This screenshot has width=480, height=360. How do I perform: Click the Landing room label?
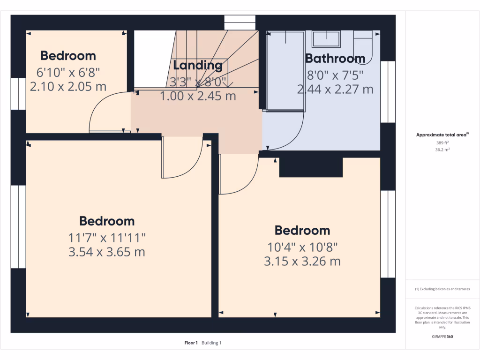coord(197,65)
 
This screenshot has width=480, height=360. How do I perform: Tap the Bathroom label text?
coord(335,59)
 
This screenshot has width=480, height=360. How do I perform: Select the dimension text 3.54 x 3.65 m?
coord(106,252)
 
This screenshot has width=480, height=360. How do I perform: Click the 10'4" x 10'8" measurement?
coord(302,247)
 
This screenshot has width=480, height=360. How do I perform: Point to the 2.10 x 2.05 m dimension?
coord(68,87)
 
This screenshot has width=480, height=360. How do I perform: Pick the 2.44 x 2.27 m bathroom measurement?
coord(335,89)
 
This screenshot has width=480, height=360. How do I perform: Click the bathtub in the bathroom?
coord(285,71)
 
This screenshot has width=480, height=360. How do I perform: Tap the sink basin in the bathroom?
coord(326,39)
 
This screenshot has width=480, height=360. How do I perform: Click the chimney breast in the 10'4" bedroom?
coord(311,167)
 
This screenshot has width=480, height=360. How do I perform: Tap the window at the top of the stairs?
coord(240,22)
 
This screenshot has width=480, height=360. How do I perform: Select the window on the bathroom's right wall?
coord(387,92)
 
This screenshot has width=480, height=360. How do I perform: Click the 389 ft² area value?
coord(442,142)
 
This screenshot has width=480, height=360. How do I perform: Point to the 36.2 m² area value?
coord(442,150)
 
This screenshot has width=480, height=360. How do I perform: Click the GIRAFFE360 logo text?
coord(442,337)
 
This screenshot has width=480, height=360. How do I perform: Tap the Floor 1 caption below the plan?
coord(191,343)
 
